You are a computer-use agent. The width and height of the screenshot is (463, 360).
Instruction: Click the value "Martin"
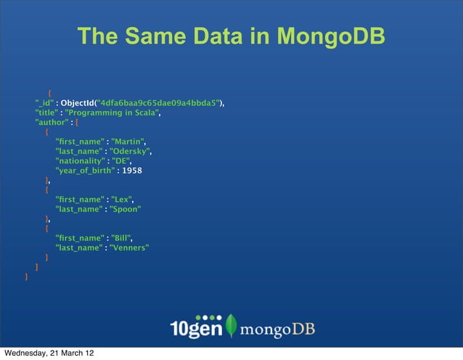[x=130, y=140]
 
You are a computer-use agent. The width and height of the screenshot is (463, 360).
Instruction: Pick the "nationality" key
[x=80, y=161]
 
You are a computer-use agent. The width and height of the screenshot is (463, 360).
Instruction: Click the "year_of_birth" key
[x=84, y=171]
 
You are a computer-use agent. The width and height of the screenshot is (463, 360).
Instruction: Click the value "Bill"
[x=121, y=237]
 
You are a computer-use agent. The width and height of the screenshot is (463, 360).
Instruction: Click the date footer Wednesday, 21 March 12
[x=49, y=353]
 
